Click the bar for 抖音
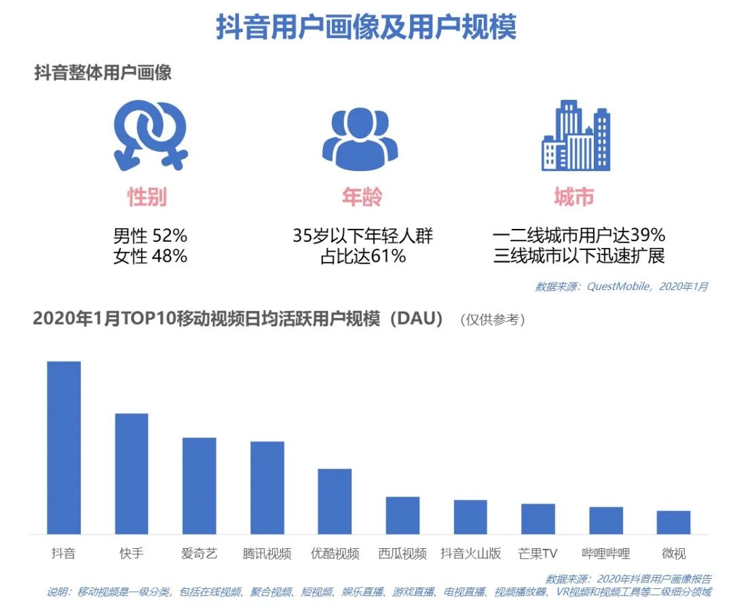click(64, 448)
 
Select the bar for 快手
click(132, 473)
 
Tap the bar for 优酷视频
click(335, 501)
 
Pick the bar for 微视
click(673, 522)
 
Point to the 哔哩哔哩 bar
click(605, 520)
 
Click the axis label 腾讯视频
click(267, 554)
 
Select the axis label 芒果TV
click(537, 554)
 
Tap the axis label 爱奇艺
click(199, 554)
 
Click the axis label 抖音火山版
click(470, 554)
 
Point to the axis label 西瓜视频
click(402, 554)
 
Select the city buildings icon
click(575, 136)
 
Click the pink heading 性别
click(147, 197)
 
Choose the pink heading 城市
click(574, 197)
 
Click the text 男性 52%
click(150, 236)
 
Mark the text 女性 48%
click(150, 256)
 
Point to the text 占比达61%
click(362, 256)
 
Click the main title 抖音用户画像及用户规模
click(366, 27)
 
